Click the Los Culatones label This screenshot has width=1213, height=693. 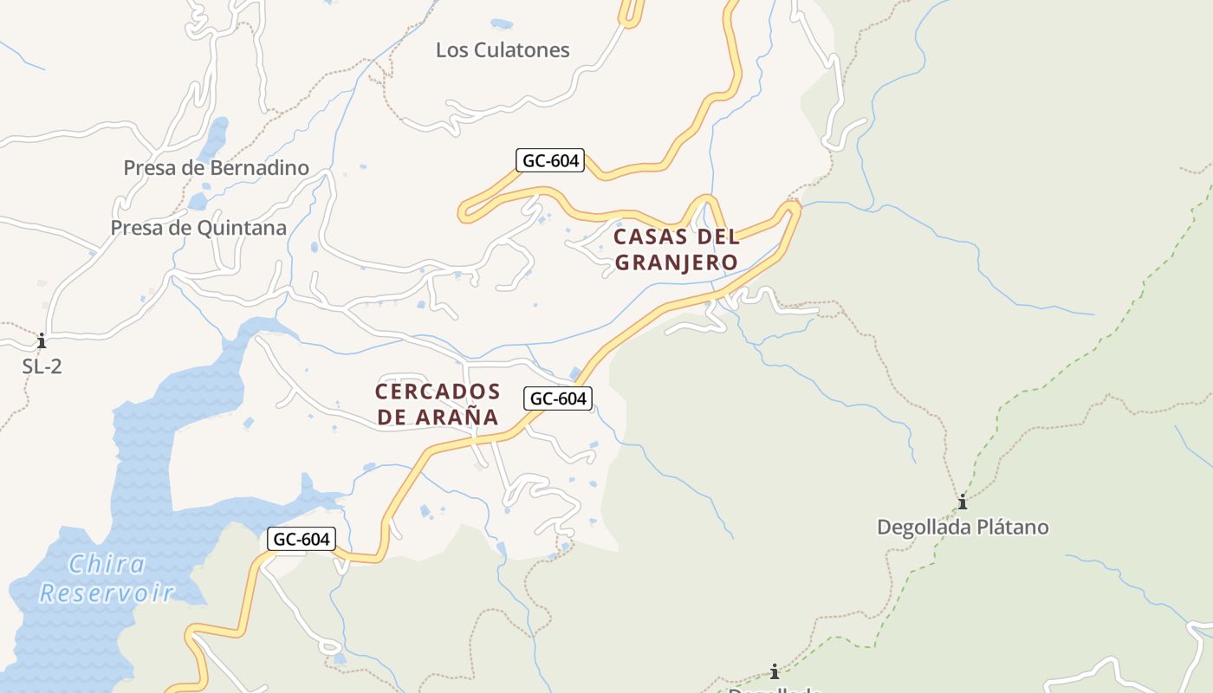(x=503, y=50)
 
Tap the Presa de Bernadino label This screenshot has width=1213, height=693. (x=216, y=168)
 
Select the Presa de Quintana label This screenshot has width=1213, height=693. (x=198, y=229)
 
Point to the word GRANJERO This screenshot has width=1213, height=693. (x=676, y=262)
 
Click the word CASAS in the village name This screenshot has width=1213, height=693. (x=650, y=236)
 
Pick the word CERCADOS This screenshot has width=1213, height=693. (x=438, y=392)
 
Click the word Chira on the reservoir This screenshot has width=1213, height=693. (x=107, y=566)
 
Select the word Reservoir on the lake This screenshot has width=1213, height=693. (x=107, y=593)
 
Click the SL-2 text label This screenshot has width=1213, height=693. (x=42, y=366)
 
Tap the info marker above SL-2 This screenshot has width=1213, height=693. (x=41, y=340)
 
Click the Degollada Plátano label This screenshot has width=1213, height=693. (x=963, y=528)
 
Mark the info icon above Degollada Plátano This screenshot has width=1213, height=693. (x=962, y=502)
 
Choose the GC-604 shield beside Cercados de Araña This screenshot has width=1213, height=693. (x=559, y=398)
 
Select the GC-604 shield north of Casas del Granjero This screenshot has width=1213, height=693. (x=550, y=160)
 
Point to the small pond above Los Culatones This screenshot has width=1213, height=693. (x=501, y=24)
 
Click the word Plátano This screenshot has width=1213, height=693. (x=1014, y=528)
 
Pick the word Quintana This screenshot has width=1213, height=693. (x=243, y=229)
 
